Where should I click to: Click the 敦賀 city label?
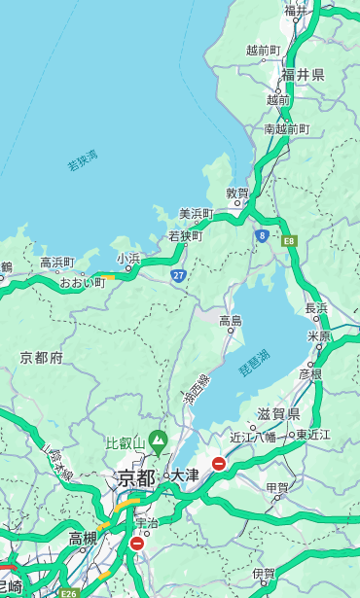click(238, 193)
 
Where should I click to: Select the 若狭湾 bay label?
click(82, 160)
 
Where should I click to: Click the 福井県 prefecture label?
click(303, 75)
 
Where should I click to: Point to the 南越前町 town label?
click(286, 129)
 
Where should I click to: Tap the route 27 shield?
click(178, 275)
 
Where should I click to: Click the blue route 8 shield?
click(262, 235)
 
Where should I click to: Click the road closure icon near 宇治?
click(136, 544)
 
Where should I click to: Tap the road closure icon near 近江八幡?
click(219, 464)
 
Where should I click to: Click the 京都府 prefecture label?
click(42, 358)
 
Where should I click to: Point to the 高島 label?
click(231, 321)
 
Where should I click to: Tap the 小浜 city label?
click(128, 259)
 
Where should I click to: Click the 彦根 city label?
click(310, 373)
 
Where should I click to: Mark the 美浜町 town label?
click(196, 214)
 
